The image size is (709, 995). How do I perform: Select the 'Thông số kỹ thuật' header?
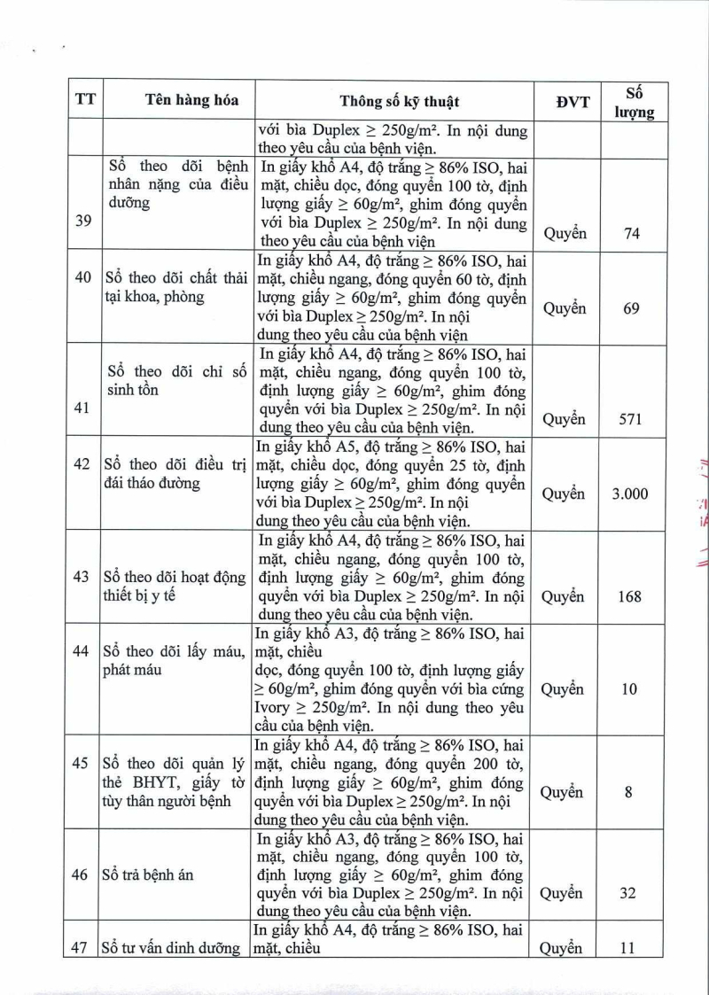coord(400,101)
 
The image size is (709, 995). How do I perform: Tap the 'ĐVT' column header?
coord(573,102)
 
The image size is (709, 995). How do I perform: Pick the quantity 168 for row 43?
coord(630,596)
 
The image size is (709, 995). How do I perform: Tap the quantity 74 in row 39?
coord(630,234)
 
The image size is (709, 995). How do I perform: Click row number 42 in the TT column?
coord(82,464)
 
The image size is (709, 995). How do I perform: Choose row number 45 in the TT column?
coord(81,764)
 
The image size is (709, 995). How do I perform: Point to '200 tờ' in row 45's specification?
coord(501,764)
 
